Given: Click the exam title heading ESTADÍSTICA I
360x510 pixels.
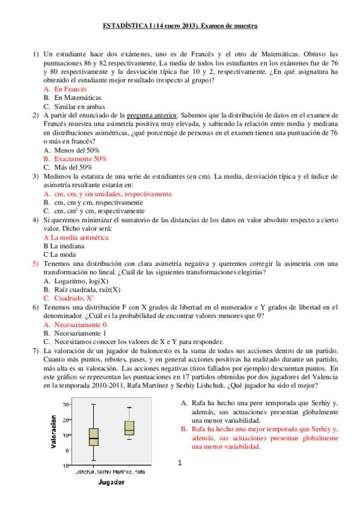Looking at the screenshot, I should pyautogui.click(x=180, y=26).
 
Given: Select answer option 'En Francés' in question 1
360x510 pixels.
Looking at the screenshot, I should pyautogui.click(x=70, y=88).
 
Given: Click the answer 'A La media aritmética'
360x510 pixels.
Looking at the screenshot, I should pyautogui.click(x=76, y=237).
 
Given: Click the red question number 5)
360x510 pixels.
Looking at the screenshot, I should pyautogui.click(x=35, y=263).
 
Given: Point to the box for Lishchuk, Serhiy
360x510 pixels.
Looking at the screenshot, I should pyautogui.click(x=93, y=437).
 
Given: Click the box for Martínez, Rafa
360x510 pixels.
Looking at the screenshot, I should pyautogui.click(x=129, y=428).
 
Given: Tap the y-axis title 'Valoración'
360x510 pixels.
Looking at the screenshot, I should pyautogui.click(x=53, y=432).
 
